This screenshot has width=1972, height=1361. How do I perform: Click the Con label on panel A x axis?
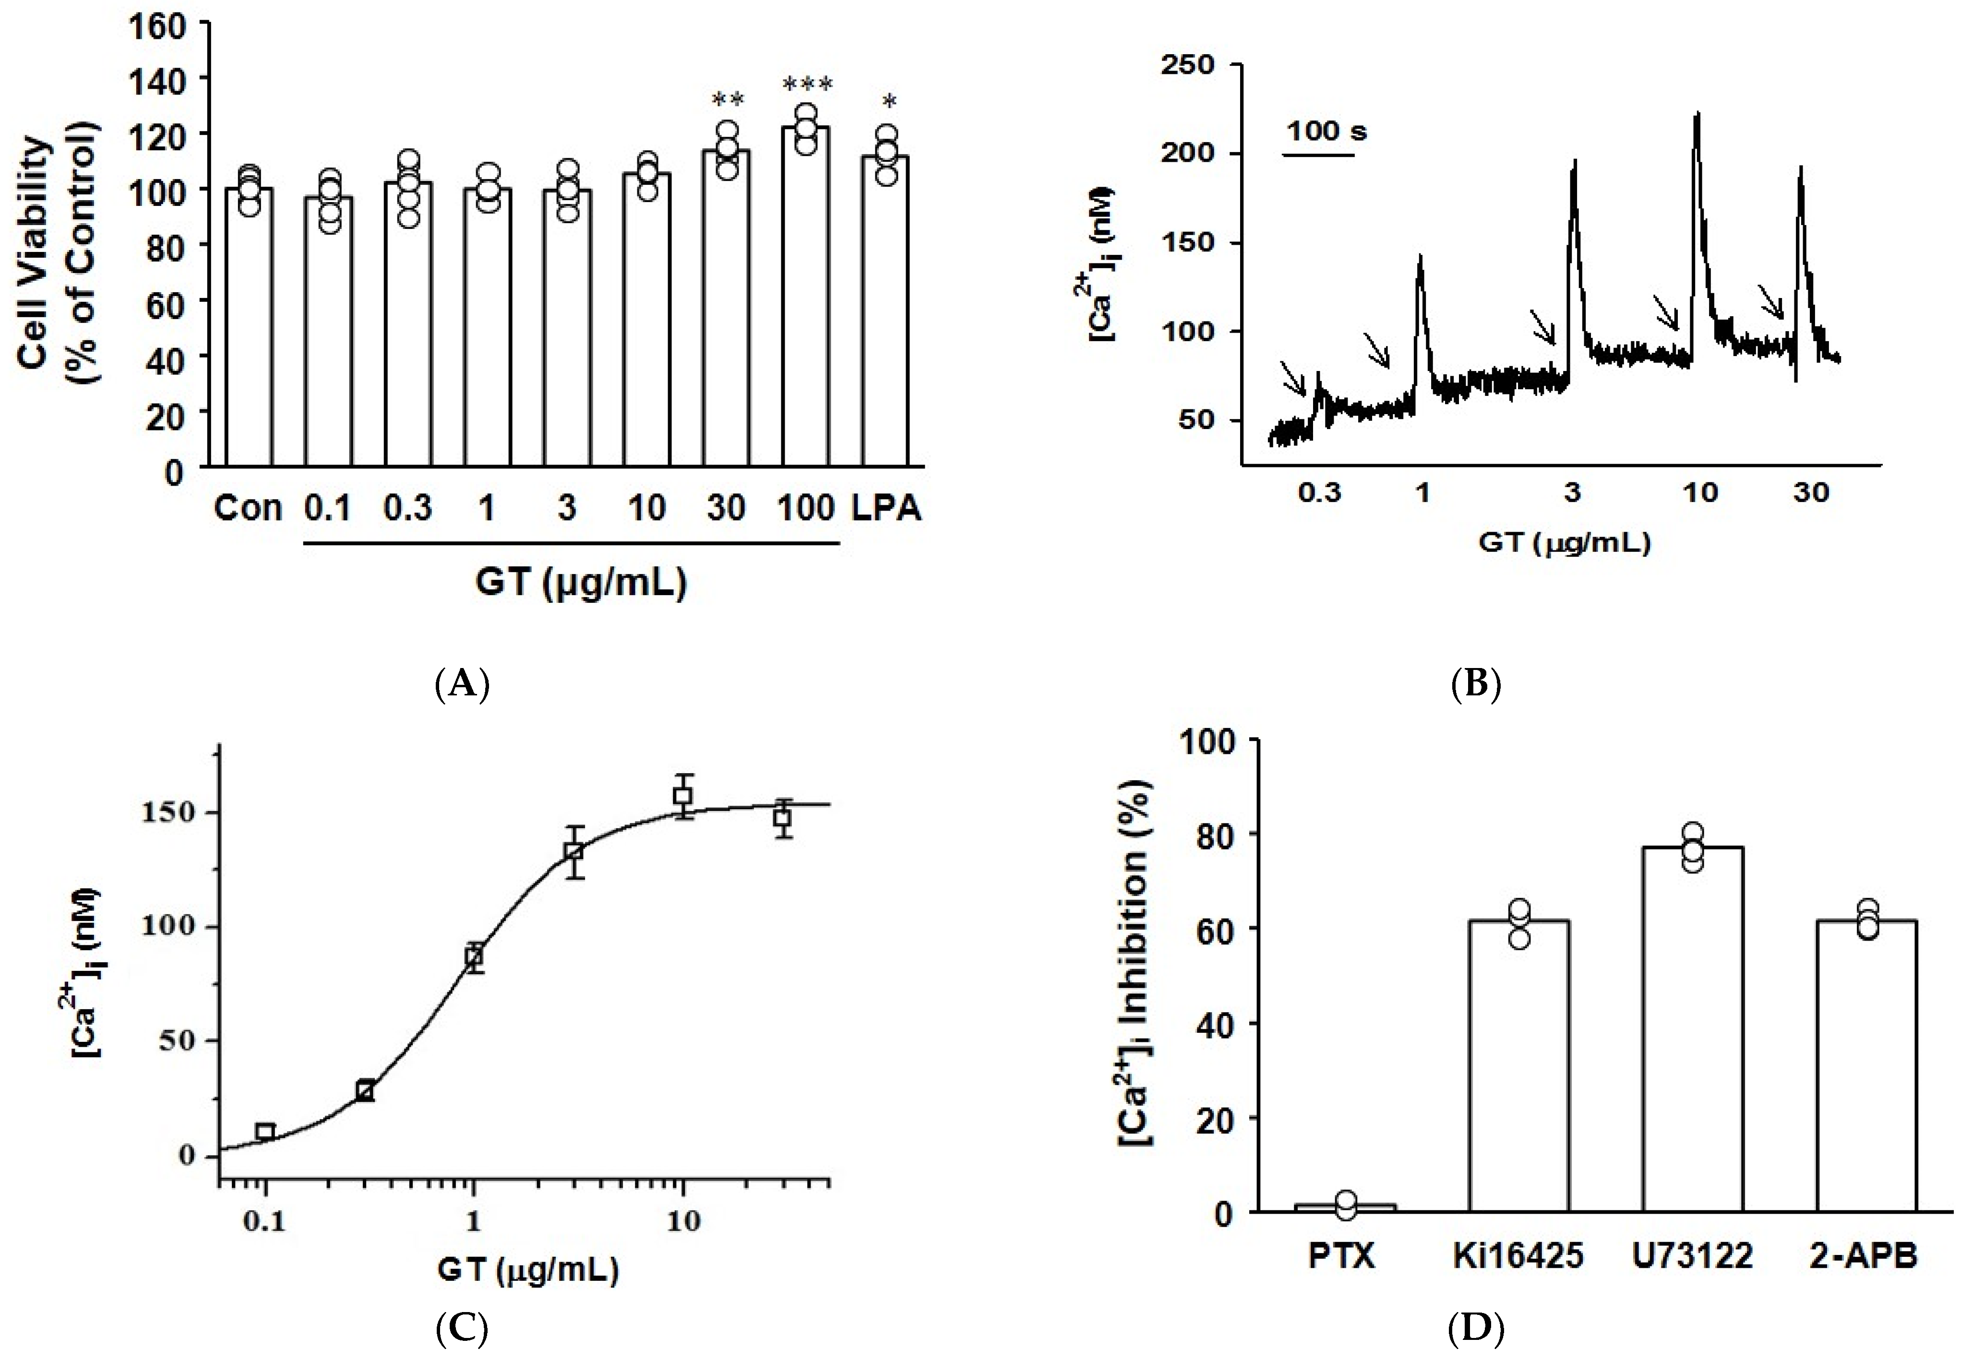[x=247, y=508]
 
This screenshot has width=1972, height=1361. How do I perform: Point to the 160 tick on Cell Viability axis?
[x=158, y=25]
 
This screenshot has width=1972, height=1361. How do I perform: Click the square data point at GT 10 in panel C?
[x=682, y=796]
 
